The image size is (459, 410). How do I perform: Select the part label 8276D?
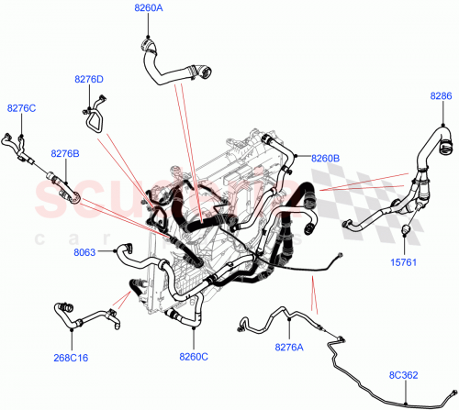pyautogui.click(x=88, y=80)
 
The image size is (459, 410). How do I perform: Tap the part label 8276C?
pyautogui.click(x=21, y=108)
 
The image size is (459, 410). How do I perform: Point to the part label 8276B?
pyautogui.click(x=65, y=153)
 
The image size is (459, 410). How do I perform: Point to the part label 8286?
pyautogui.click(x=441, y=94)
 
